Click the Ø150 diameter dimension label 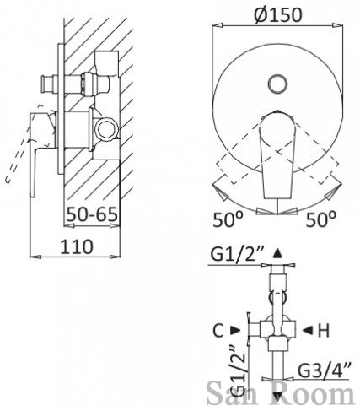click(277, 14)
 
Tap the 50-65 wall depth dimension click(92, 215)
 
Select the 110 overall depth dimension click(77, 246)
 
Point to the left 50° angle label click(228, 219)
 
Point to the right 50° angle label click(320, 219)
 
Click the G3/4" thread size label click(324, 370)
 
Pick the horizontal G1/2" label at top click(236, 255)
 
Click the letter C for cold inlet click(218, 331)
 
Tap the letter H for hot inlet click(323, 331)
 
